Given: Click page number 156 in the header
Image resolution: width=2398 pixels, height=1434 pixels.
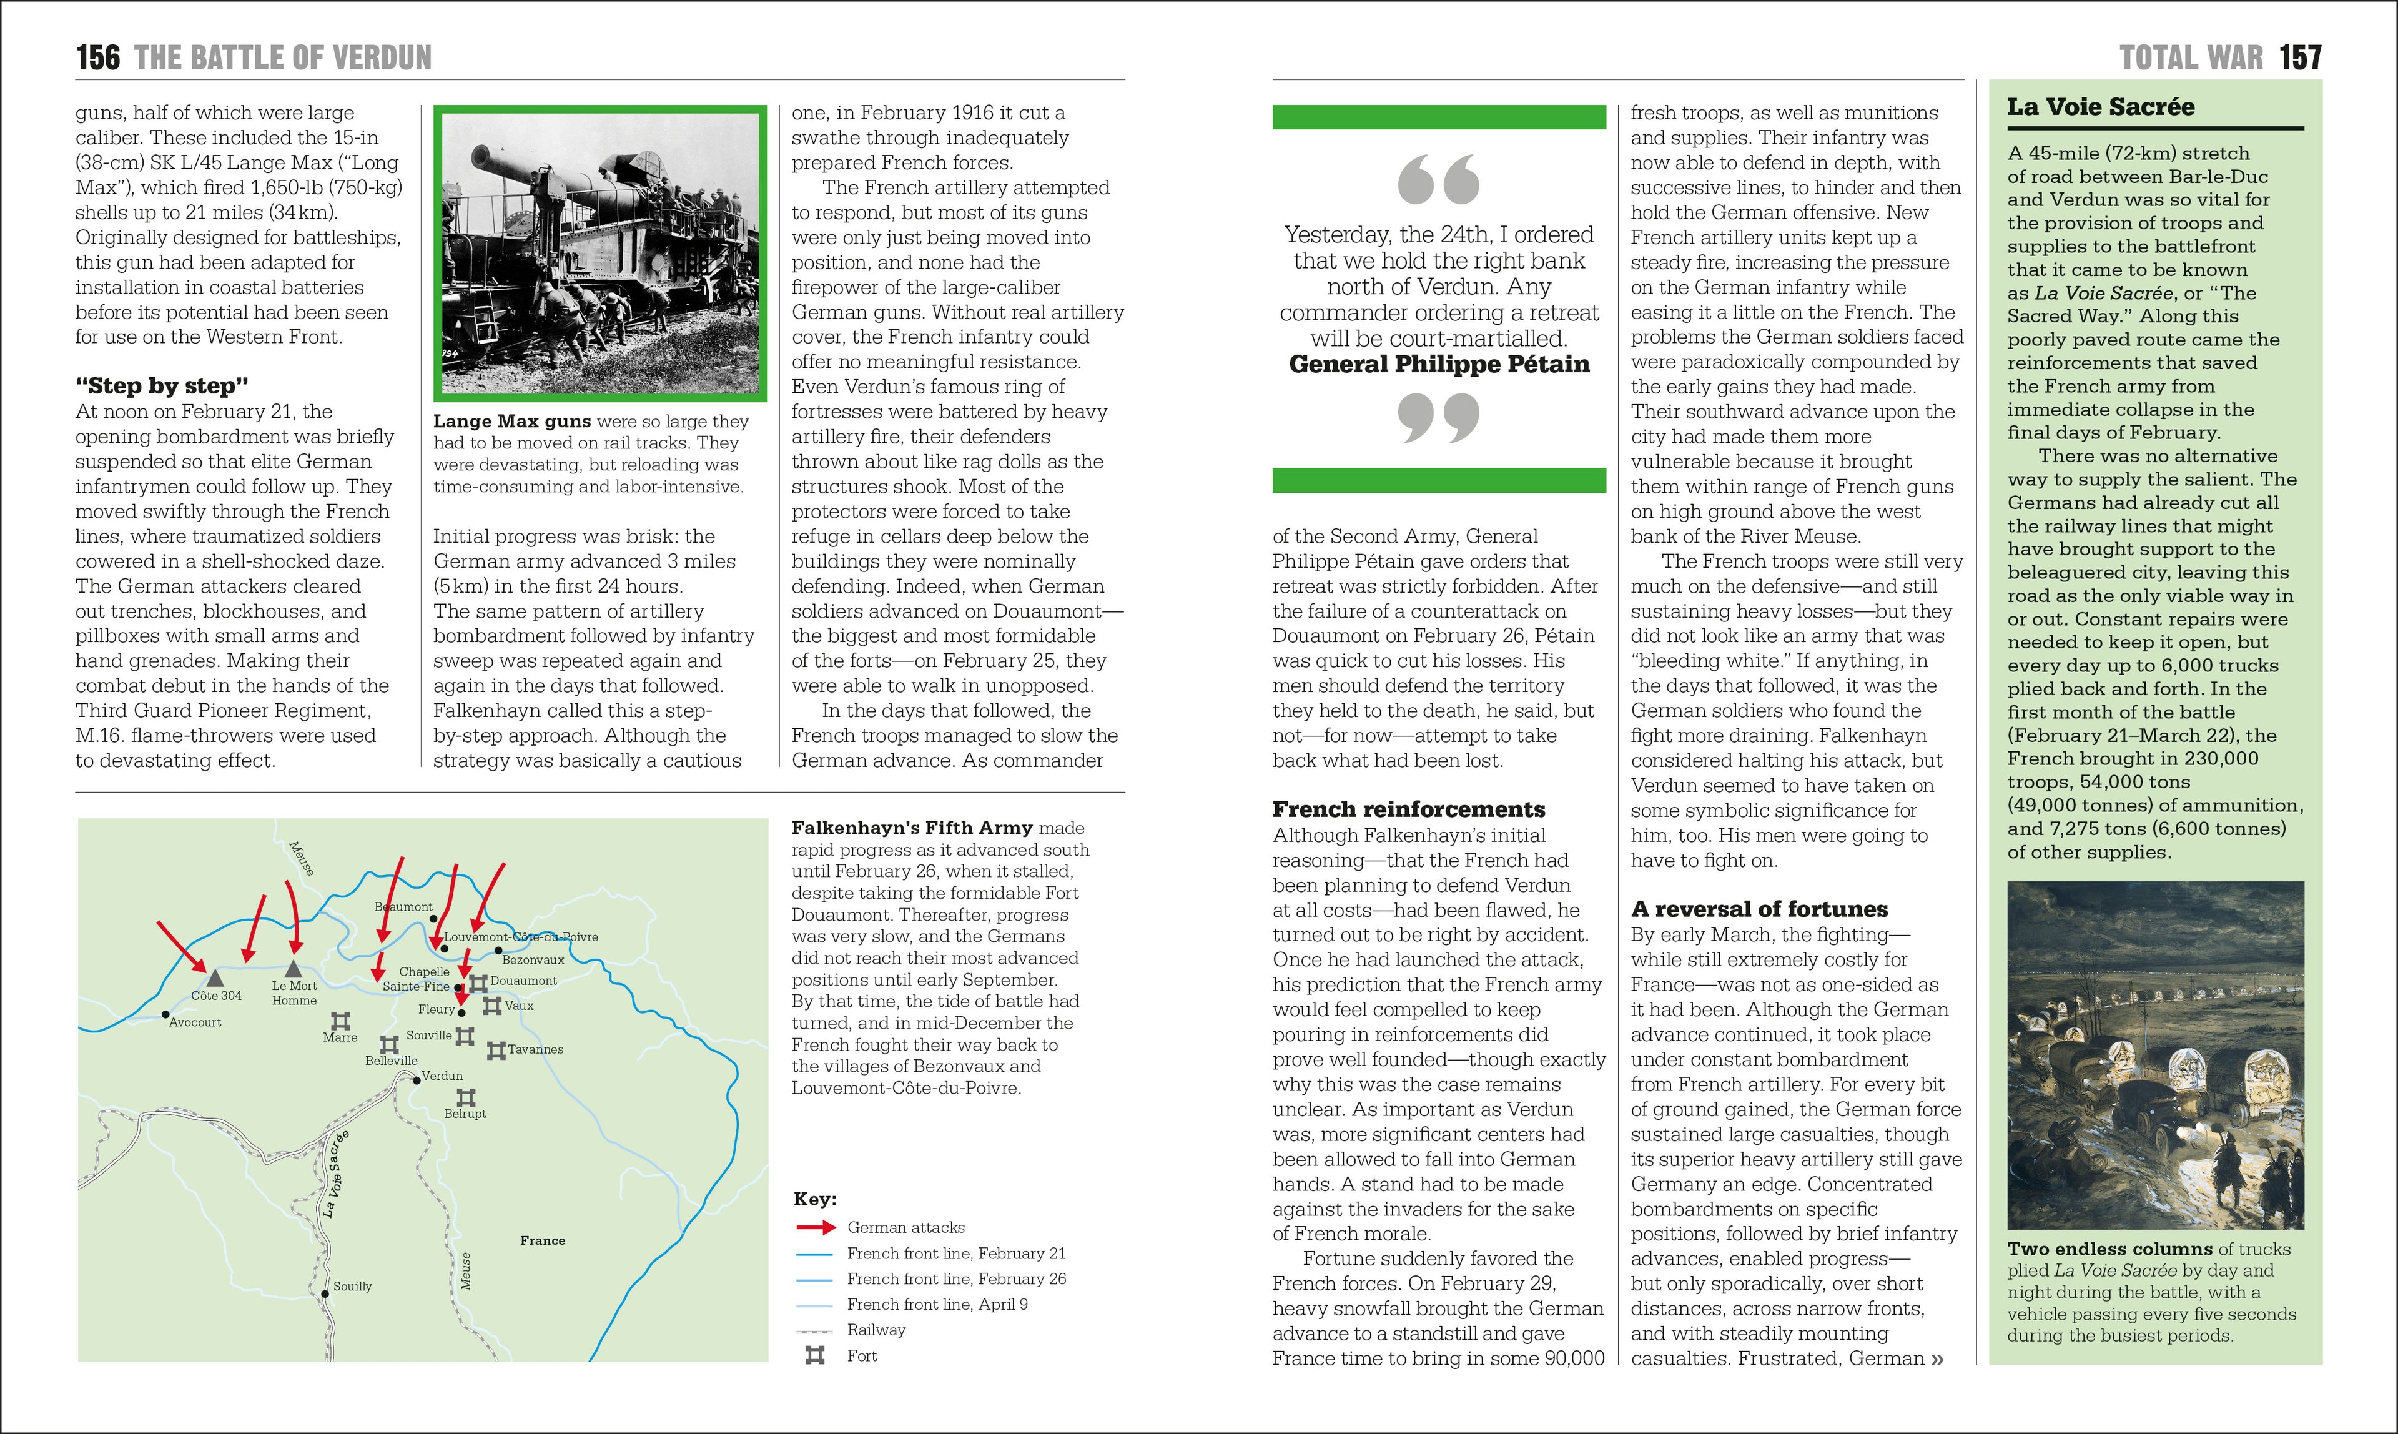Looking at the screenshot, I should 99,58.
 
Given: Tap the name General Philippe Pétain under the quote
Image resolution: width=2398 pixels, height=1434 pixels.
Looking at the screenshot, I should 1439,364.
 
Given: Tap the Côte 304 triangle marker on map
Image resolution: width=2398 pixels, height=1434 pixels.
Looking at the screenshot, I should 215,979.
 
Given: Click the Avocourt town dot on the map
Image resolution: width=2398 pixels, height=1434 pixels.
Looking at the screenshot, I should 165,1016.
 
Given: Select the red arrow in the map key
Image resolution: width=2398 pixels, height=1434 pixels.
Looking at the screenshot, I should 816,1227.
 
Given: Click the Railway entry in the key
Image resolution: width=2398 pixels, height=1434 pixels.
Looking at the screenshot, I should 876,1330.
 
